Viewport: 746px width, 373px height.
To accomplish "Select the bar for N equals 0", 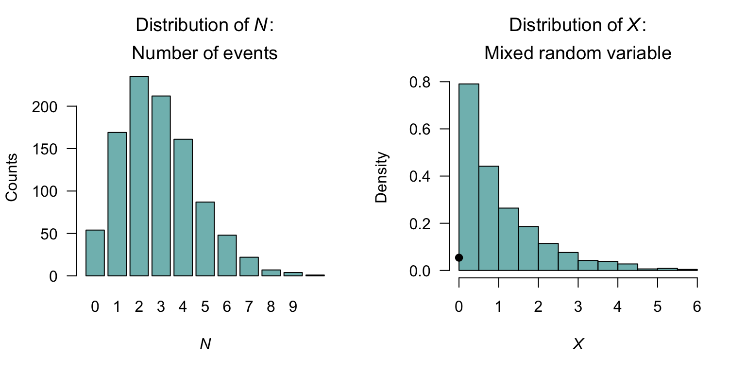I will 95,253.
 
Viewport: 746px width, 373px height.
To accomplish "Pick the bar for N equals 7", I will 249,267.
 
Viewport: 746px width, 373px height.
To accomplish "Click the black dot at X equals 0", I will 459,258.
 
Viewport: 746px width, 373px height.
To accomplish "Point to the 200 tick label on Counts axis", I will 54,106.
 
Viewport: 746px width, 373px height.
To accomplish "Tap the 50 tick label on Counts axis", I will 58,234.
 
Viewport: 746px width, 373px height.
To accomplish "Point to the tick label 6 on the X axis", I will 697,307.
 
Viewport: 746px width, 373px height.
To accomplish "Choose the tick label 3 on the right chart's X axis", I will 578,307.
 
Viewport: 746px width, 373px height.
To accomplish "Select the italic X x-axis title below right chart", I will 578,344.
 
